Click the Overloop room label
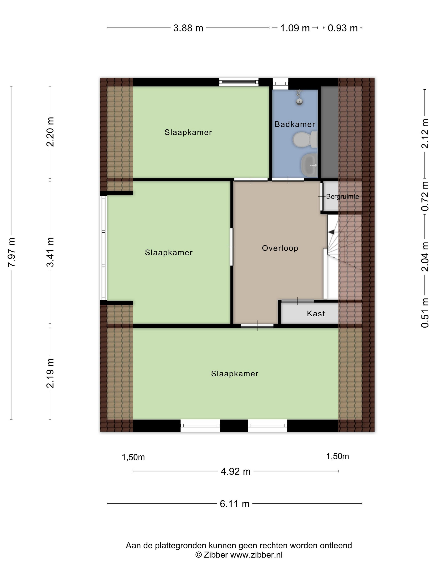tap(280, 248)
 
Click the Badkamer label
tap(295, 124)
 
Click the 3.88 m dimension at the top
tap(188, 28)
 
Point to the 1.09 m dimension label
tap(295, 28)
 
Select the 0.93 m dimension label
tap(343, 28)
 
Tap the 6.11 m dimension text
tap(234, 504)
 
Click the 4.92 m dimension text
tap(235, 471)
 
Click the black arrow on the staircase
tap(331, 232)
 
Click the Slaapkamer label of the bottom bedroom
tap(235, 374)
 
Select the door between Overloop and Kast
tap(298, 301)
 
